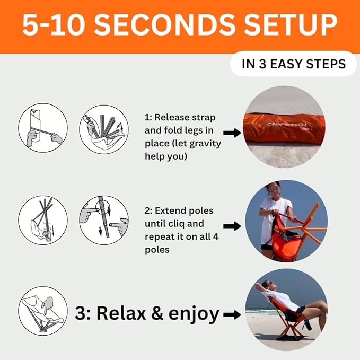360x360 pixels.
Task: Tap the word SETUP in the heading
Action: pyautogui.click(x=291, y=25)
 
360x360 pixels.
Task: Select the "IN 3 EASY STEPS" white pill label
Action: pyautogui.click(x=293, y=64)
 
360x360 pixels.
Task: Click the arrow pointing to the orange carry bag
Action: pyautogui.click(x=232, y=133)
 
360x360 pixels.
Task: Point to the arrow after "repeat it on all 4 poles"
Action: pyautogui.click(x=232, y=226)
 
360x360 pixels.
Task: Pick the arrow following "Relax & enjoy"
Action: pyautogui.click(x=232, y=314)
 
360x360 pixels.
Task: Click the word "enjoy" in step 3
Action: pyautogui.click(x=194, y=314)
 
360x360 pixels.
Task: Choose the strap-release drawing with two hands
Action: pyautogui.click(x=43, y=128)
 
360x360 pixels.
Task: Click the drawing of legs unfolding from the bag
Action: pyautogui.click(x=104, y=129)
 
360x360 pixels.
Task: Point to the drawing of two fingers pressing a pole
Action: pyautogui.click(x=104, y=220)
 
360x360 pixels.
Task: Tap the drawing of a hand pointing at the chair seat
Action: pyautogui.click(x=43, y=311)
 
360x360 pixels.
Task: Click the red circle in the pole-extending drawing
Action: pyautogui.click(x=48, y=239)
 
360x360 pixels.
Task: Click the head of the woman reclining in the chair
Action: pyautogui.click(x=267, y=285)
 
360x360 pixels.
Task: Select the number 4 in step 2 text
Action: pyautogui.click(x=215, y=236)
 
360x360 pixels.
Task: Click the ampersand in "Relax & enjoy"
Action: pyautogui.click(x=157, y=313)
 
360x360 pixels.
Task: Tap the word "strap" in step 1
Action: pyautogui.click(x=204, y=118)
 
